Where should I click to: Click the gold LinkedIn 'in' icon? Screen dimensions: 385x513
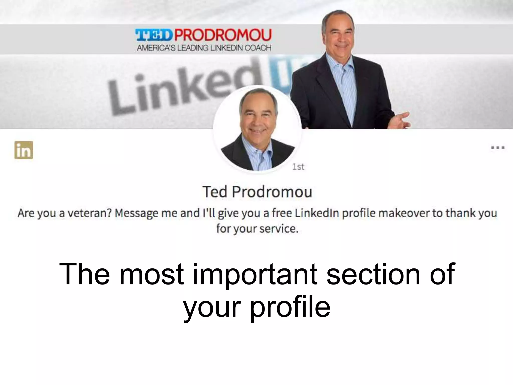pos(24,150)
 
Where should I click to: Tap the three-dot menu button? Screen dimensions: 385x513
pos(497,148)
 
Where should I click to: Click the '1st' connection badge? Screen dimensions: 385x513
pos(298,167)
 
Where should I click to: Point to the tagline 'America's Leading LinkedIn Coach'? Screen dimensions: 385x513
pos(204,48)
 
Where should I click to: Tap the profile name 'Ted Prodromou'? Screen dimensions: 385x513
pos(257,192)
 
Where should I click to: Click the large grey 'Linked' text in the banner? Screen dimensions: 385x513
pos(175,93)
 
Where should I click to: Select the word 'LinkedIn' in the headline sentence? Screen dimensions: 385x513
pos(317,213)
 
